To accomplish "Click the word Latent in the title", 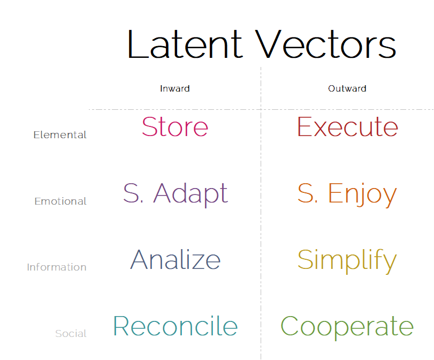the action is [x=185, y=44].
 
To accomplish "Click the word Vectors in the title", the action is [x=325, y=44].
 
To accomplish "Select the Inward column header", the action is [x=174, y=89].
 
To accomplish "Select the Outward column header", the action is [x=347, y=89].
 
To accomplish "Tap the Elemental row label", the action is [x=60, y=134].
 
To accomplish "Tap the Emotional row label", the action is [x=60, y=201].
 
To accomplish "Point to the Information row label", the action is [x=57, y=267].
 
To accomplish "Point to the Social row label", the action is [x=71, y=334].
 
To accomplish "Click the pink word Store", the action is [x=175, y=126].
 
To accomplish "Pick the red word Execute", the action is [x=347, y=126].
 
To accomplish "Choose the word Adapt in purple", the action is [x=191, y=194].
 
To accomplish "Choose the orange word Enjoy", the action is [x=362, y=194].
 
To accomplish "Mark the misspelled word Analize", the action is [x=175, y=259].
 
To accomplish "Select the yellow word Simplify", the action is [x=347, y=261].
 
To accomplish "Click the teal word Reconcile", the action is [x=175, y=326].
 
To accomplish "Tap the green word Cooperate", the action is [x=347, y=327].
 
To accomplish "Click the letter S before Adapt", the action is [x=131, y=193].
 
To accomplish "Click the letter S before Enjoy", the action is [x=306, y=193].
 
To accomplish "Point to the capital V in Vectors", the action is [x=268, y=44].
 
